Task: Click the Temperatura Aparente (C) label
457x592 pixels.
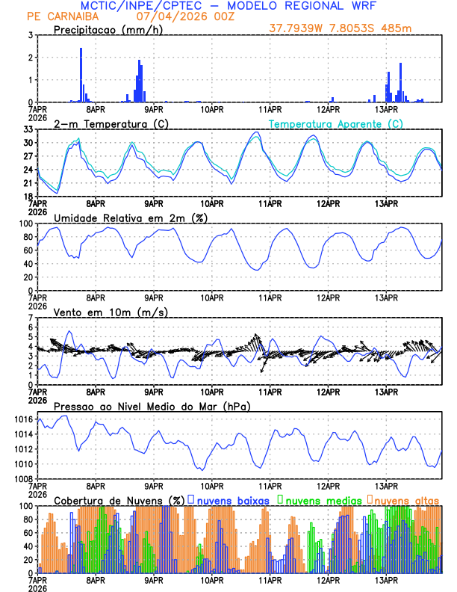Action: pyautogui.click(x=335, y=123)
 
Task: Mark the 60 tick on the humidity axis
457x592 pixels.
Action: pyautogui.click(x=27, y=250)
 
